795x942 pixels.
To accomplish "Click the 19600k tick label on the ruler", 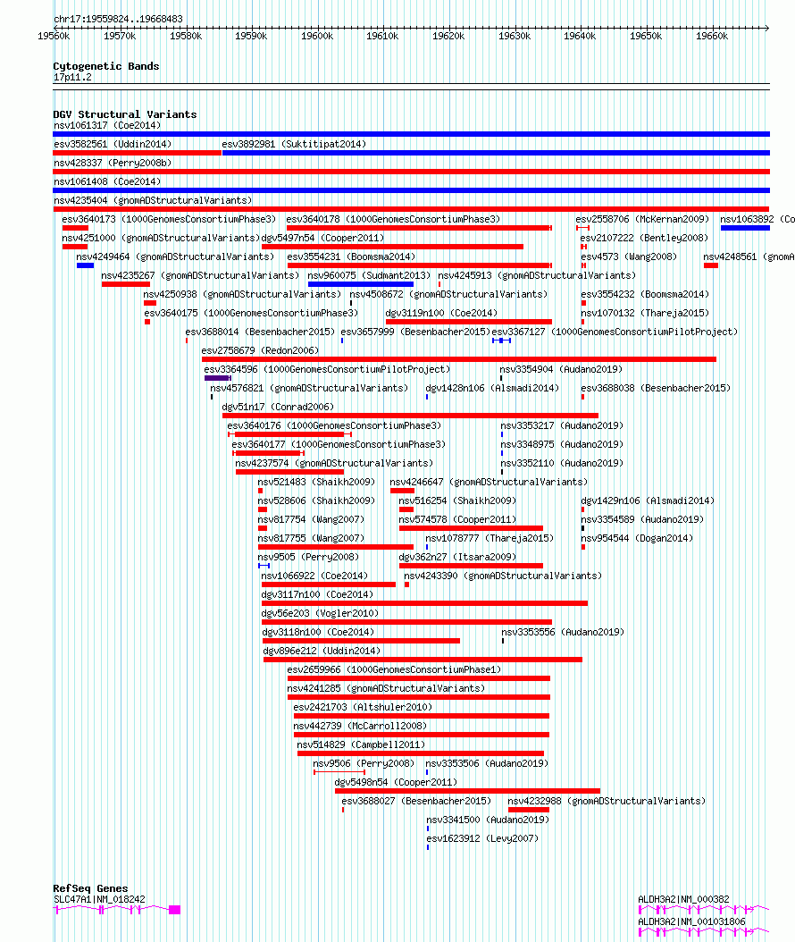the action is click(x=316, y=36).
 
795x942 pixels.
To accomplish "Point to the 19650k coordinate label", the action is click(x=646, y=36).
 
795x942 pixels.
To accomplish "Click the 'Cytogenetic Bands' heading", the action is click(x=105, y=66).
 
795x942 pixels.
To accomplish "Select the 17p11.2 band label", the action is click(x=72, y=77).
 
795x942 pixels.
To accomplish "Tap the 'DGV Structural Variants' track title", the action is click(x=125, y=114).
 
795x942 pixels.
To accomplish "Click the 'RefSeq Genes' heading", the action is click(x=90, y=888).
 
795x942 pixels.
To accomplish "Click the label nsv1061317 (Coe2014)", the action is click(x=107, y=125).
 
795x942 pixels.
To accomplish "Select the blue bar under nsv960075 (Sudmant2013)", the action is click(x=361, y=284).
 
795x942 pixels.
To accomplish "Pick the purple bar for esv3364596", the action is click(x=217, y=378).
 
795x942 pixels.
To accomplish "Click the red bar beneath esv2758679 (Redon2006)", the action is click(x=459, y=359).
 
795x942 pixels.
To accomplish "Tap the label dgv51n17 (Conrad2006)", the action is click(x=278, y=407).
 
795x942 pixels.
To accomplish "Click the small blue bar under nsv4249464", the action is click(x=85, y=265).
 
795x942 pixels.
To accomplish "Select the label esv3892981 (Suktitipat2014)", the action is click(x=294, y=144).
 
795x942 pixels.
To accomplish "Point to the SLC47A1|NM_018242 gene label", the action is click(x=99, y=899).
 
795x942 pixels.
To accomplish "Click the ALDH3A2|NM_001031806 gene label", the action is click(x=691, y=921).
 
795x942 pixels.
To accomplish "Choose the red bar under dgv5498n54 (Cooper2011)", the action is click(x=468, y=791).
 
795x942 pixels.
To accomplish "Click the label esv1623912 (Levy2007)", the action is click(x=482, y=838).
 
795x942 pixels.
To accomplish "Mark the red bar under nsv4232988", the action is click(x=529, y=810).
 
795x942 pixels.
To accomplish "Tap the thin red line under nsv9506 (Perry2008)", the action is click(x=339, y=772).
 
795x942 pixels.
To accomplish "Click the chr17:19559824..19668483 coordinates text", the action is click(x=118, y=20).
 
